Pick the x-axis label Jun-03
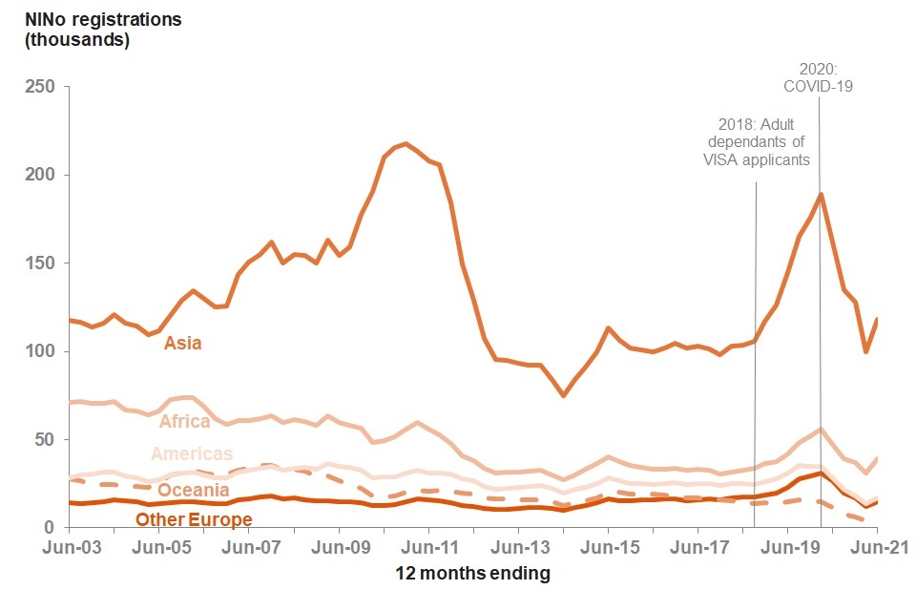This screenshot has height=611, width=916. (x=69, y=548)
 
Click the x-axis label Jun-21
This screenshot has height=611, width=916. (x=877, y=548)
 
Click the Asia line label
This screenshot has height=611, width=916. (x=182, y=343)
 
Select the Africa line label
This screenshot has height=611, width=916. (x=185, y=422)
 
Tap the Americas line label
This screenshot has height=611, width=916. (x=192, y=454)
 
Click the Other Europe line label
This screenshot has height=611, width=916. (x=194, y=520)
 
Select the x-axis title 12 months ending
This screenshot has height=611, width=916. (x=472, y=574)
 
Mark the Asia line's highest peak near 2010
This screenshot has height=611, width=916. (x=406, y=144)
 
